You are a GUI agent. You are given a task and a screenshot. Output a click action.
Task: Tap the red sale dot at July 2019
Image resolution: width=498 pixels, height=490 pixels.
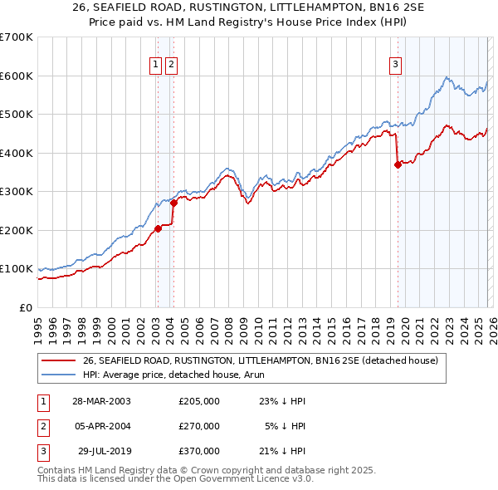click(398, 164)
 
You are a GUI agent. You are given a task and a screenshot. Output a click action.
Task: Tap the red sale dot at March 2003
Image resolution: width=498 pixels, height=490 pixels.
click(158, 228)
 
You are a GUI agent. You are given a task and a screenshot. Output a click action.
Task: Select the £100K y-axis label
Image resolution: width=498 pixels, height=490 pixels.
click(17, 269)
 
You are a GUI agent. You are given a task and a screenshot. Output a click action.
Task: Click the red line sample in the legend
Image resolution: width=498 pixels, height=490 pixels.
click(58, 360)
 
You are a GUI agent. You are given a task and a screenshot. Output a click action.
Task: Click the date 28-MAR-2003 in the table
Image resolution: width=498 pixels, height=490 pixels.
click(102, 400)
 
